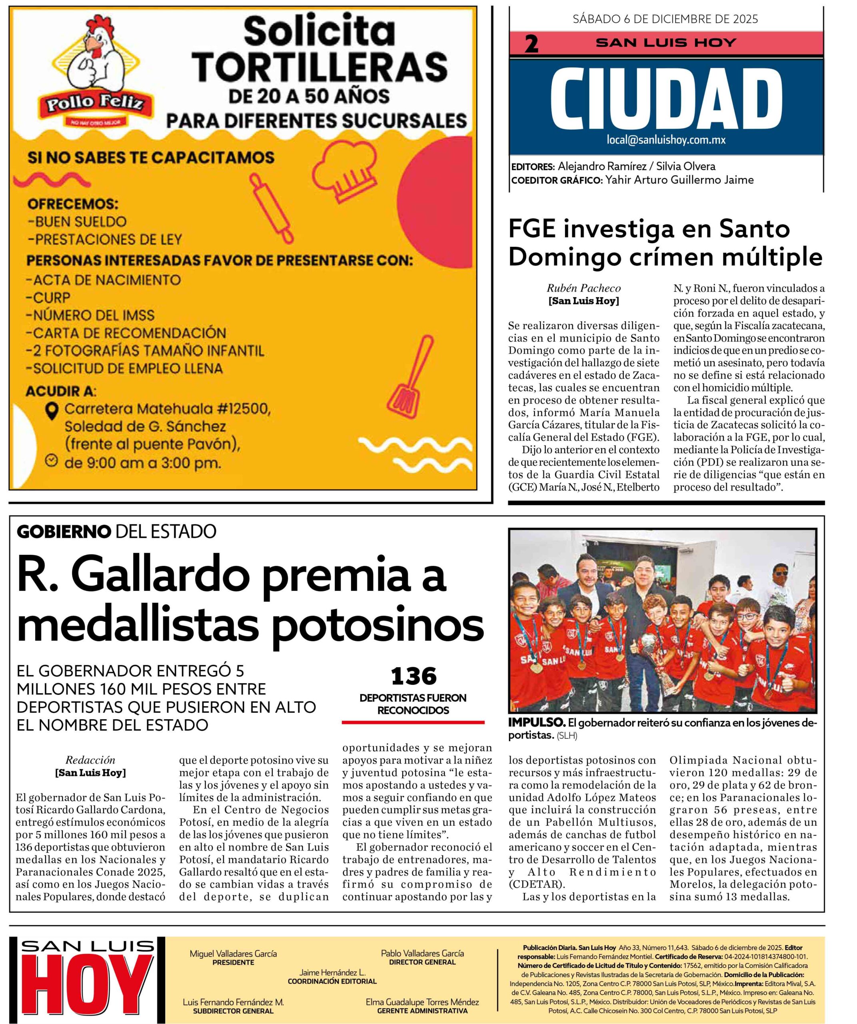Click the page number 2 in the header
(x=531, y=45)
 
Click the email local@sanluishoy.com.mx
(x=666, y=140)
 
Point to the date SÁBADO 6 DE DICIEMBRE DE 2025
(x=666, y=19)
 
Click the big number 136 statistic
(x=414, y=676)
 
